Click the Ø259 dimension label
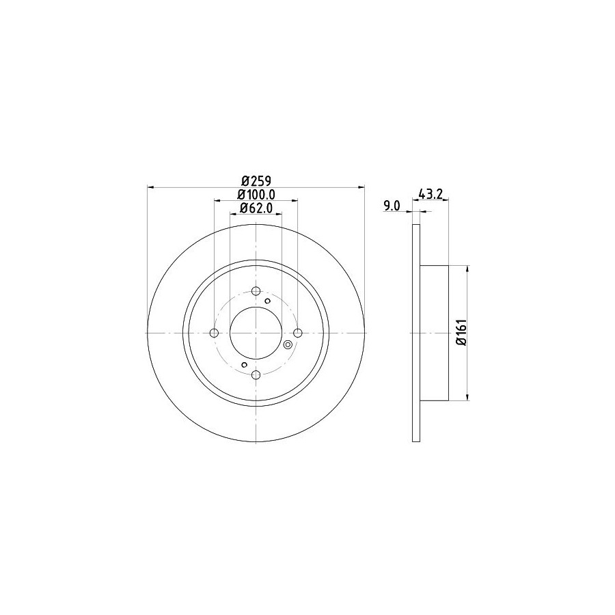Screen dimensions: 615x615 tap(256, 181)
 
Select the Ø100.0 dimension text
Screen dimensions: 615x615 tap(256, 194)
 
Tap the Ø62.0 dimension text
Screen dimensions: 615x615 tap(256, 208)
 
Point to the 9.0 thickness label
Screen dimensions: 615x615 tap(392, 206)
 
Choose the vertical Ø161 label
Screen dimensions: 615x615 tap(461, 332)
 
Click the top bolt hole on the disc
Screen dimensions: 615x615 tap(256, 291)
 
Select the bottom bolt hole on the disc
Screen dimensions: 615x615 tap(256, 374)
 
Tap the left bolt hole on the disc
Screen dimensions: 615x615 tap(214, 333)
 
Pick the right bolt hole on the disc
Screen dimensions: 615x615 tap(298, 333)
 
